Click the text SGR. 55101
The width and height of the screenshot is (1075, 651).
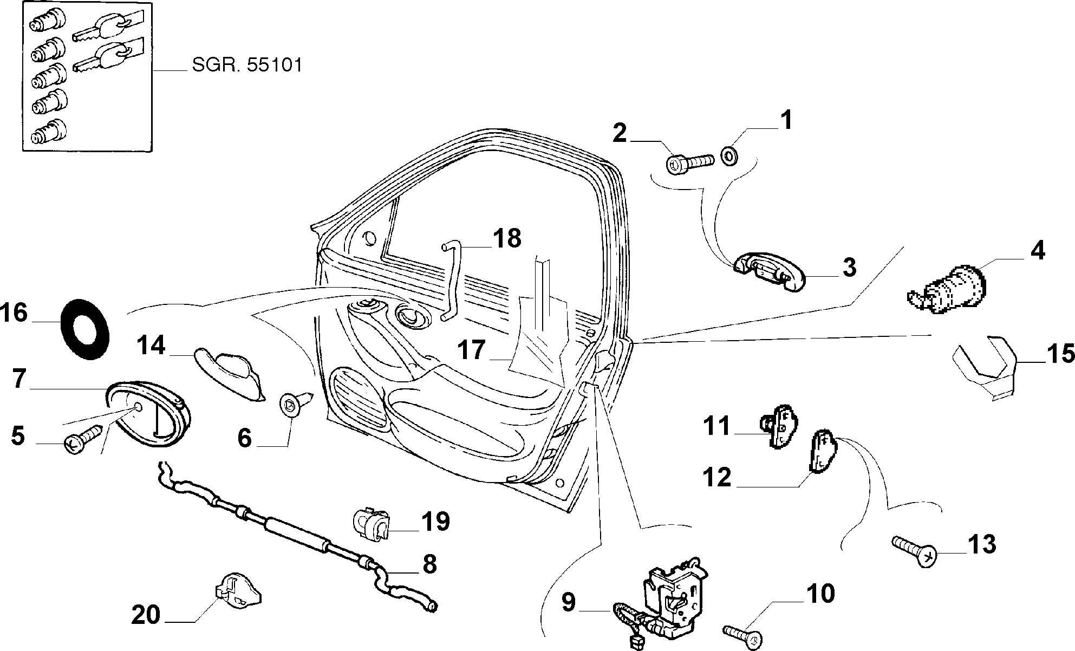246,66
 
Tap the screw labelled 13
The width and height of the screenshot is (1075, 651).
914,549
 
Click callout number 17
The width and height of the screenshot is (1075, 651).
471,350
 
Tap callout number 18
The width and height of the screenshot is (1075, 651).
507,238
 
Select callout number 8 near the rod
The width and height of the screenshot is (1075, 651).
429,564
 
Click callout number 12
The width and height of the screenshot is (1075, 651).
718,477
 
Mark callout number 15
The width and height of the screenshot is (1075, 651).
1060,354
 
